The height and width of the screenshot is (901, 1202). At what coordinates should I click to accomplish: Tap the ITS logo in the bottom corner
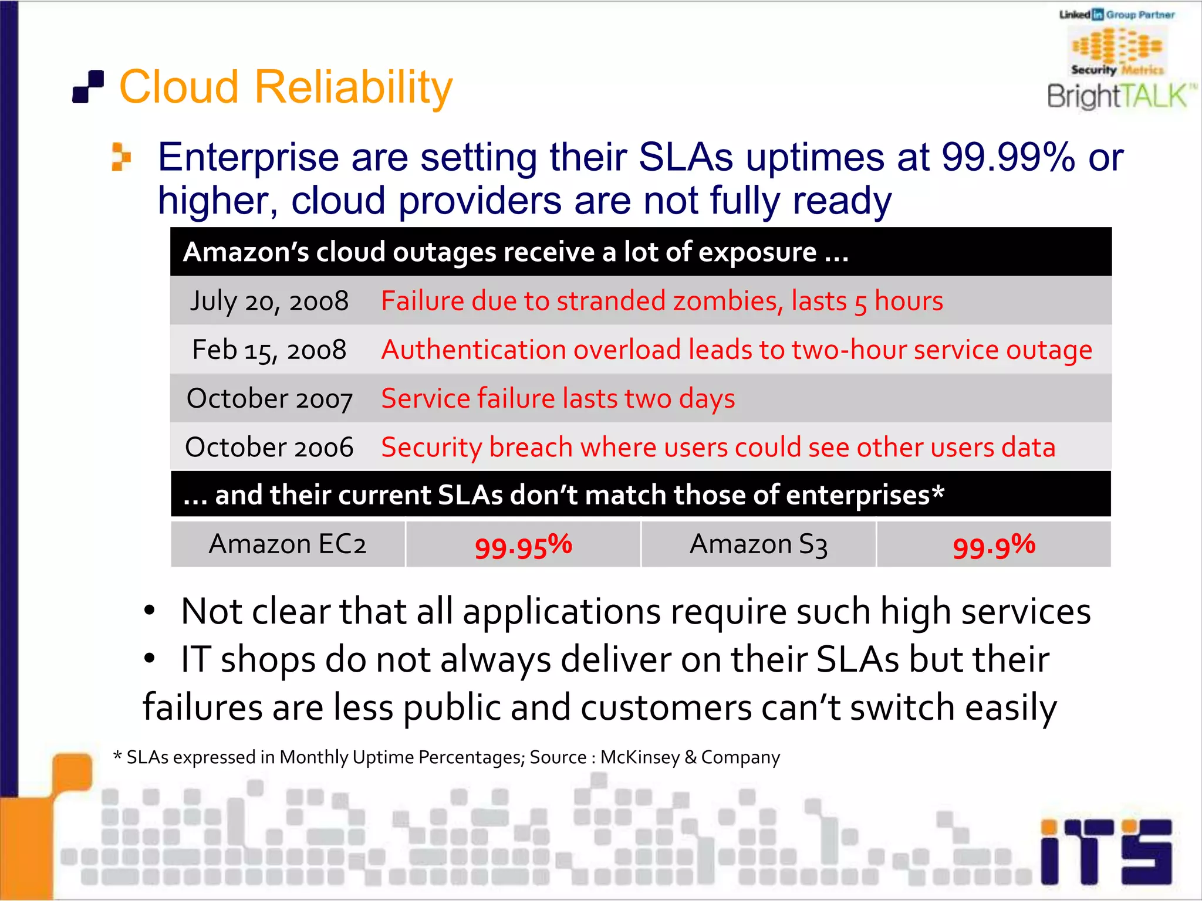[x=1106, y=852]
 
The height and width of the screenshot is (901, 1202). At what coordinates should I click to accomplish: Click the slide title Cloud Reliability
[x=286, y=87]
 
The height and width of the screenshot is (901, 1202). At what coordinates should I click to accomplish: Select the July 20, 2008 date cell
[x=269, y=301]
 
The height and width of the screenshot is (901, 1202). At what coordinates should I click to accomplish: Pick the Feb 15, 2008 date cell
[x=269, y=350]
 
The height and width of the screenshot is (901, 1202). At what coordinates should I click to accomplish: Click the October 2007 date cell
[x=269, y=399]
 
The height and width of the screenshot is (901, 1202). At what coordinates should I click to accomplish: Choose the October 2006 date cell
[x=269, y=448]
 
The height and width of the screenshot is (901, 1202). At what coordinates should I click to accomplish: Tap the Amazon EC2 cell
[x=288, y=544]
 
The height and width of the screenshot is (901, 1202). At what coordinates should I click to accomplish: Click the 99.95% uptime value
[x=523, y=546]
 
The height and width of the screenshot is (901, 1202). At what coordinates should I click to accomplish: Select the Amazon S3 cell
[x=758, y=544]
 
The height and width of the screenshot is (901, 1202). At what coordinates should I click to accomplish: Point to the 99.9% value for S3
[x=994, y=546]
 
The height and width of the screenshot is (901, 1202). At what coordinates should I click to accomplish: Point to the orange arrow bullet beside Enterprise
[x=121, y=157]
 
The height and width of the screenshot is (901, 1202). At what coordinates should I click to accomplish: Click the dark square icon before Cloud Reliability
[x=88, y=87]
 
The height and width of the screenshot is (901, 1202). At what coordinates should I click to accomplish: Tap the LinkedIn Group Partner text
[x=1117, y=15]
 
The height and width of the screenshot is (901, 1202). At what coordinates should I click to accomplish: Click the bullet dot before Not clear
[x=150, y=611]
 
